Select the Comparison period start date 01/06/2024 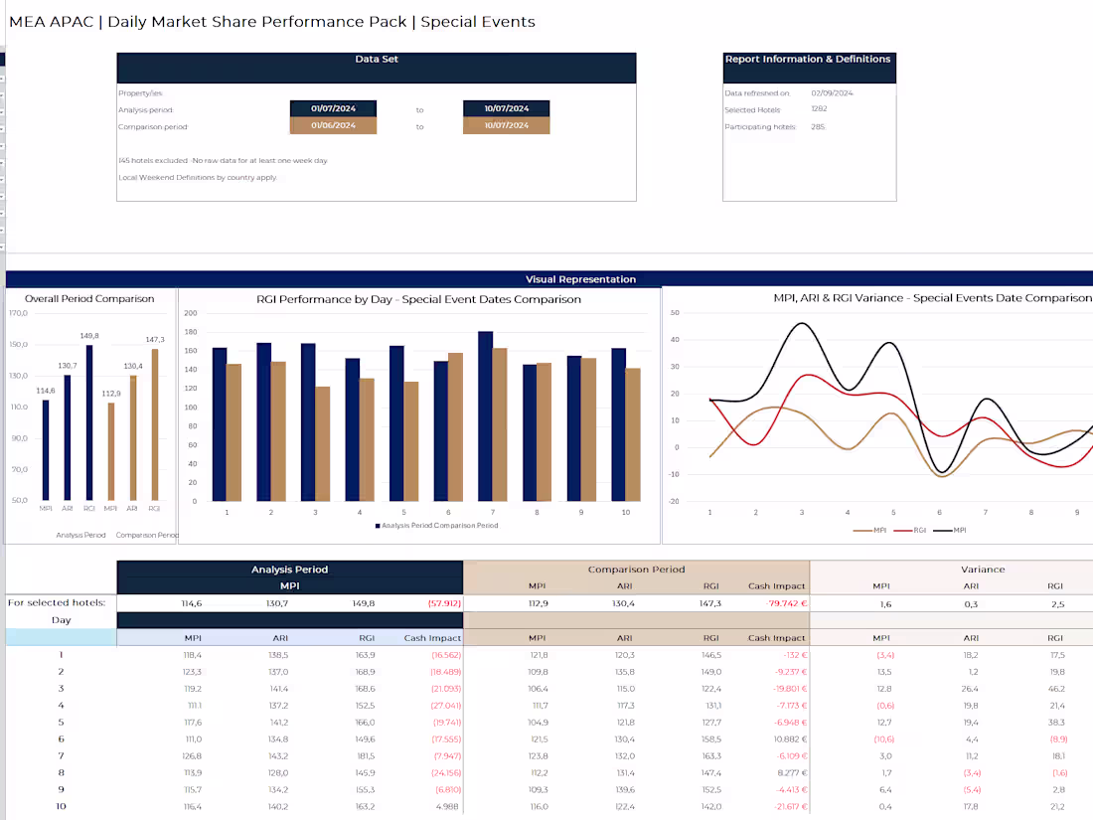(x=333, y=126)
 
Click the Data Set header (x=377, y=60)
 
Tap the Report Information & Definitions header (x=808, y=60)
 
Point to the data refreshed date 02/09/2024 (x=832, y=93)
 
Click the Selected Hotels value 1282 (x=819, y=109)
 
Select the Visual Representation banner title (x=580, y=279)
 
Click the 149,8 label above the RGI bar (x=89, y=336)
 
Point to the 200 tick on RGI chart (x=192, y=313)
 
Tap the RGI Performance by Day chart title (x=418, y=299)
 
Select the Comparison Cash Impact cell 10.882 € (x=778, y=738)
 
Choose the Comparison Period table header (x=636, y=570)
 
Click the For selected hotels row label (x=56, y=602)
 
